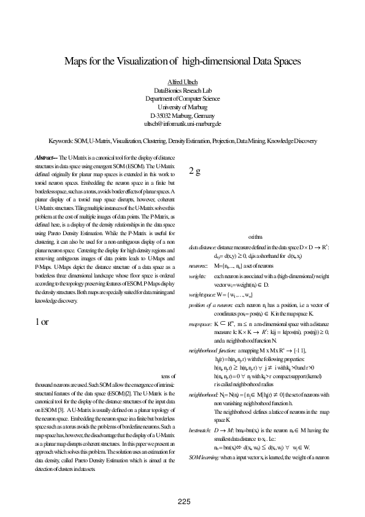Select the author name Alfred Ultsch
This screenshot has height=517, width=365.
coord(182,82)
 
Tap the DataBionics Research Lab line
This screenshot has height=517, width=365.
coord(182,90)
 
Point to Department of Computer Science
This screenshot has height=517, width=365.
coord(182,98)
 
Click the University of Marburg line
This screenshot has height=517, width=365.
coord(182,107)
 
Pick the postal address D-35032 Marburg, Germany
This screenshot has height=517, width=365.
coord(182,115)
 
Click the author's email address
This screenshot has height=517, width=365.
coord(182,123)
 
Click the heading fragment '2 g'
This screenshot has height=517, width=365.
coord(196,171)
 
